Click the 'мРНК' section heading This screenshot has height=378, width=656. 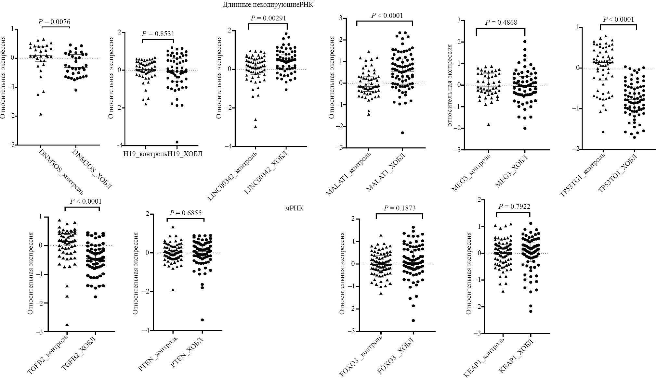click(294, 208)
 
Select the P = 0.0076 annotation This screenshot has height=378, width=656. click(54, 22)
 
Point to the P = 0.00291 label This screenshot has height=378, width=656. click(268, 18)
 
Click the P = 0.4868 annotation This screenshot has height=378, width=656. click(501, 22)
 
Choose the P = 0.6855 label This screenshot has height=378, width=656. click(185, 213)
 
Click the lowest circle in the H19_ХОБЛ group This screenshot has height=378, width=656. click(177, 142)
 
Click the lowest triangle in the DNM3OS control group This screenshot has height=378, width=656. click(41, 114)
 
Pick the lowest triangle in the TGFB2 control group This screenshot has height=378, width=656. click(67, 325)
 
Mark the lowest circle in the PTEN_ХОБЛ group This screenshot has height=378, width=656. click(202, 320)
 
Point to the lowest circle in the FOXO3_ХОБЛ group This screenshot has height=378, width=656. click(413, 321)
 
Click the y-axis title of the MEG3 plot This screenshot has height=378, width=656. click(450, 85)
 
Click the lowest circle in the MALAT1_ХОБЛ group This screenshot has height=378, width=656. click(402, 132)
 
